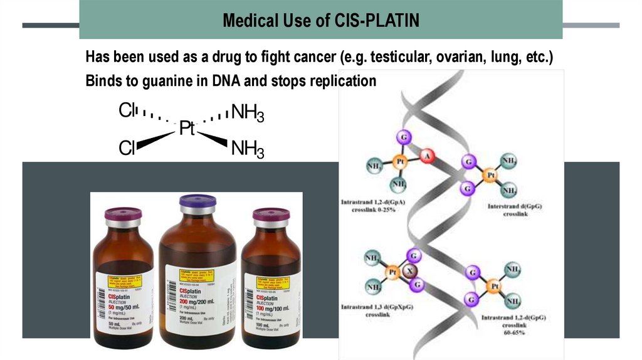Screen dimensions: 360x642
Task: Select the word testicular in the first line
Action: [401, 58]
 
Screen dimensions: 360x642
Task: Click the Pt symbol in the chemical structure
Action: [187, 129]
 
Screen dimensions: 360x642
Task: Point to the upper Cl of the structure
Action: [127, 112]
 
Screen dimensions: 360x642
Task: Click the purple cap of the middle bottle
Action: [197, 201]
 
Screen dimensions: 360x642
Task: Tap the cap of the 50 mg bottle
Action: [123, 214]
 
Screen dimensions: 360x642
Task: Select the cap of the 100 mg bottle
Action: [271, 214]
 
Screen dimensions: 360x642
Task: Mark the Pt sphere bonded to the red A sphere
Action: [399, 161]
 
